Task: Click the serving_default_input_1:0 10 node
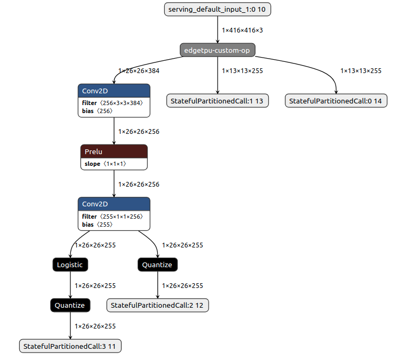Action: [x=218, y=9]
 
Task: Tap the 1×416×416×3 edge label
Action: [x=242, y=30]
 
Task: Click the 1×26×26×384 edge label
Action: [x=139, y=70]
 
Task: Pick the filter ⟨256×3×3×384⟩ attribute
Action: [x=113, y=103]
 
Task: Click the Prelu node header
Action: [x=114, y=151]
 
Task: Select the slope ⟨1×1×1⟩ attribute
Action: [x=105, y=164]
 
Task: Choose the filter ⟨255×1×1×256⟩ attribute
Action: [x=113, y=217]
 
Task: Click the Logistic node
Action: [x=70, y=265]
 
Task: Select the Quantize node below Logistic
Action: [x=70, y=305]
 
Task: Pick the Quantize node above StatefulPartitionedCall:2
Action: [x=157, y=265]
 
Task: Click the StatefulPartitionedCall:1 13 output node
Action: [x=218, y=101]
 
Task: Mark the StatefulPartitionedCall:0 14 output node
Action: [x=336, y=101]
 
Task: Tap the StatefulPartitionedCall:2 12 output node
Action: [x=158, y=305]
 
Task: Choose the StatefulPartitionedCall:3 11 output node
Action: [x=70, y=346]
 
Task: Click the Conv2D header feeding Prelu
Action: [x=114, y=91]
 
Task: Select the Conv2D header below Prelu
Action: [x=114, y=204]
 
